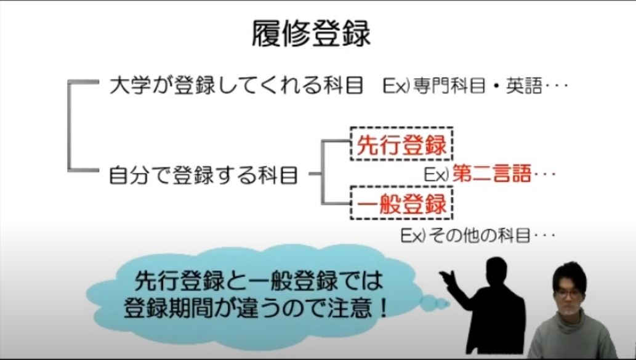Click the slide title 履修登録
pos(311,34)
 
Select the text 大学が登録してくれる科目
pos(236,86)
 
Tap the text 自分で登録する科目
pos(204,175)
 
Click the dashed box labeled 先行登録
pos(401,144)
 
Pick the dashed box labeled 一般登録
pos(401,203)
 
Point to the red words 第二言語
pos(491,174)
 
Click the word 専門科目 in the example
pos(449,86)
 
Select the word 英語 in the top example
pos(524,86)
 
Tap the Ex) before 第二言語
pos(437,174)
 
